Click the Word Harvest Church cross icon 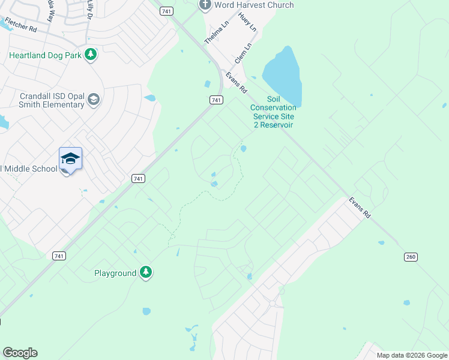[x=205, y=5]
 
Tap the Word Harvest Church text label [x=254, y=5]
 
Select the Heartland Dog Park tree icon [x=91, y=55]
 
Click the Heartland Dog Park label [x=45, y=56]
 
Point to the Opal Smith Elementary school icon [x=93, y=99]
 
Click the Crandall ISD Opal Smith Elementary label [x=52, y=100]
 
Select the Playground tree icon [x=145, y=273]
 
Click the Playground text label [x=115, y=274]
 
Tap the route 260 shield [x=411, y=257]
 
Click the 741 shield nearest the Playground [x=59, y=256]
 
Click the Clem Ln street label [x=243, y=54]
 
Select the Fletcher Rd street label [x=20, y=25]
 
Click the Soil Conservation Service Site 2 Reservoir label [x=273, y=112]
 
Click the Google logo [x=20, y=353]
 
